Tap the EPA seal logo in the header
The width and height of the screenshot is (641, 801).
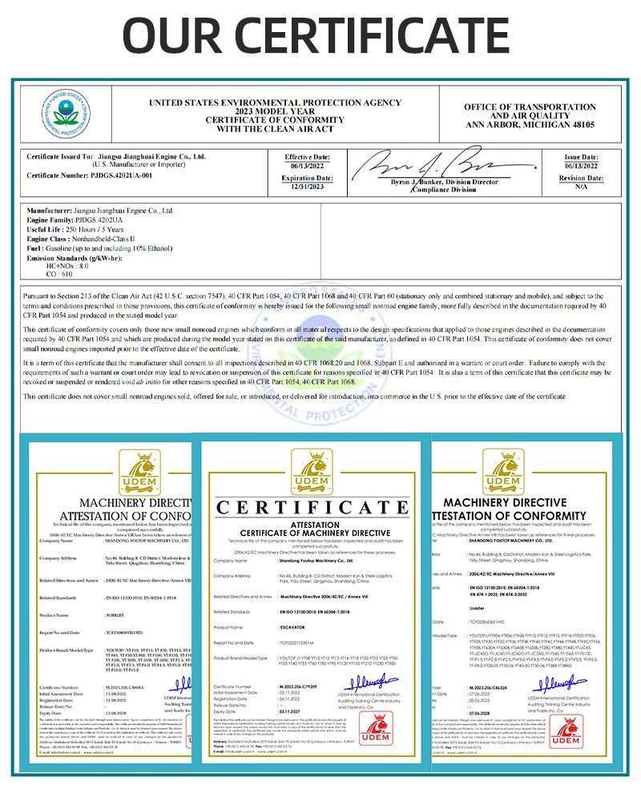click(x=66, y=114)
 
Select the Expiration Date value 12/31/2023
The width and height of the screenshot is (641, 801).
click(x=307, y=186)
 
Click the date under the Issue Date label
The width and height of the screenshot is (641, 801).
click(x=581, y=165)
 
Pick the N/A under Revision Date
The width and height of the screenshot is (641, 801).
click(x=581, y=186)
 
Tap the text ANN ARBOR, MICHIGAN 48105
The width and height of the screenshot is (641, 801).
click(x=530, y=126)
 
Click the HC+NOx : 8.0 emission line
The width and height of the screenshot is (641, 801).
click(x=69, y=265)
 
